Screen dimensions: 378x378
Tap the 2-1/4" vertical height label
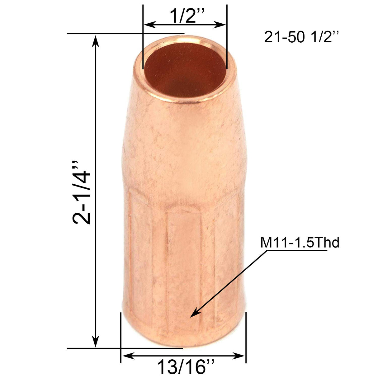click(82, 192)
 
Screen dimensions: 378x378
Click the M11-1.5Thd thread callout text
click(300, 243)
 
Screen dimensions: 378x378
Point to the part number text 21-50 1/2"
click(301, 37)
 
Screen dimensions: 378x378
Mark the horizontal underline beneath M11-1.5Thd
click(296, 251)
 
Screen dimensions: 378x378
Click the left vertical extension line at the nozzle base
click(120, 336)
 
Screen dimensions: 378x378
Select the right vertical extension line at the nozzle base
click(246, 336)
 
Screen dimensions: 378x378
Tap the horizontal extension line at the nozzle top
click(125, 33)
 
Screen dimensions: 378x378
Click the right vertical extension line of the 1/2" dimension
click(227, 37)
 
